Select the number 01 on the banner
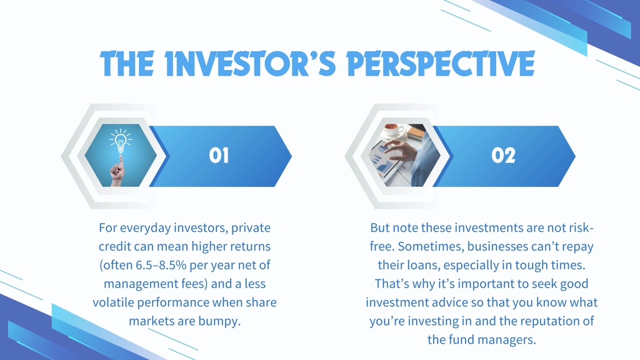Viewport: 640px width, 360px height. point(219,156)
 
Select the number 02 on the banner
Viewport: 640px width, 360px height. point(503,156)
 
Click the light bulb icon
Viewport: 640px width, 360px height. point(121,141)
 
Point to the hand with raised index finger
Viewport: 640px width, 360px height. point(118,171)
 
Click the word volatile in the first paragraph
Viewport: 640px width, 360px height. point(113,302)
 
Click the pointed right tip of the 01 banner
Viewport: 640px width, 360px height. point(291,156)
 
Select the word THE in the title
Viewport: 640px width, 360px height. point(127,64)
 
